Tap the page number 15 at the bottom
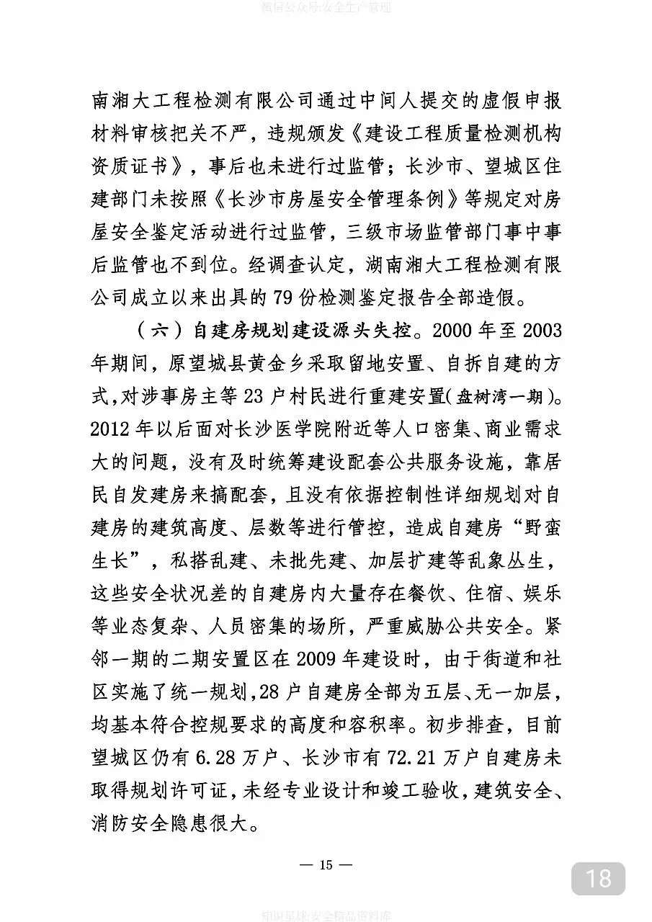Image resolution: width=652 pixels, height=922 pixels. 326,865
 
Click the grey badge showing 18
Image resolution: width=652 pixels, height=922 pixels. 598,879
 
